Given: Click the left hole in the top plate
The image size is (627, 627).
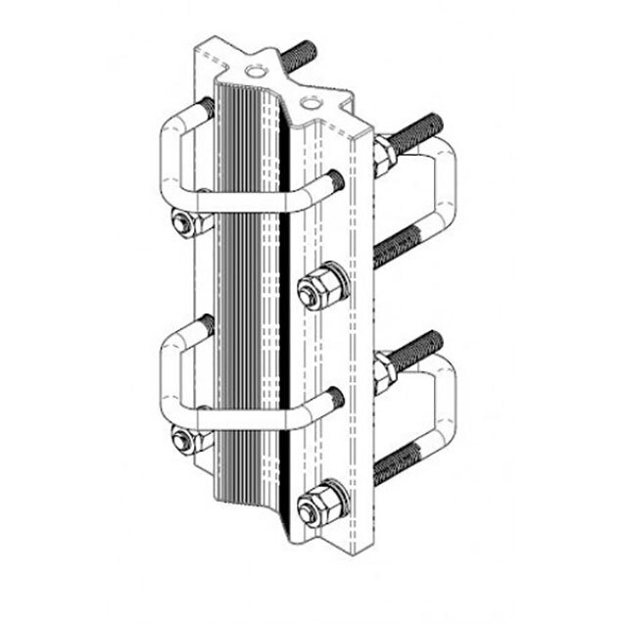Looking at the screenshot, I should point(256,72).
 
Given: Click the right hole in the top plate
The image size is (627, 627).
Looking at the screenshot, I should point(311,101).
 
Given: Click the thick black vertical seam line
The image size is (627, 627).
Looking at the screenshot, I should point(285,323).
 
